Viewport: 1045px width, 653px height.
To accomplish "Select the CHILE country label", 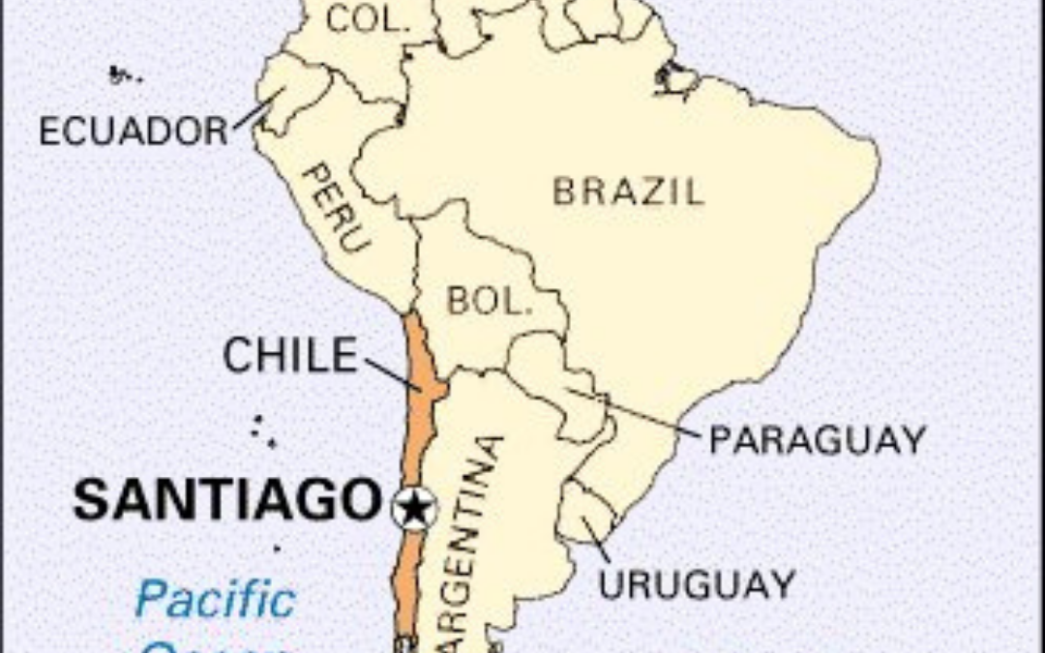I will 290,356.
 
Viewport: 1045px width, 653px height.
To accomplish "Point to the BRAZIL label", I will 628,192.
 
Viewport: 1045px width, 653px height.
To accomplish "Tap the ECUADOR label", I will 133,131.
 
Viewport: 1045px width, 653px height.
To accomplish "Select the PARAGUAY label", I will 818,440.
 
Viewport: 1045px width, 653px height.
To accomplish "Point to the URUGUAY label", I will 696,584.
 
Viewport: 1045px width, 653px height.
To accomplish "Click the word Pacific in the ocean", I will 215,600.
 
